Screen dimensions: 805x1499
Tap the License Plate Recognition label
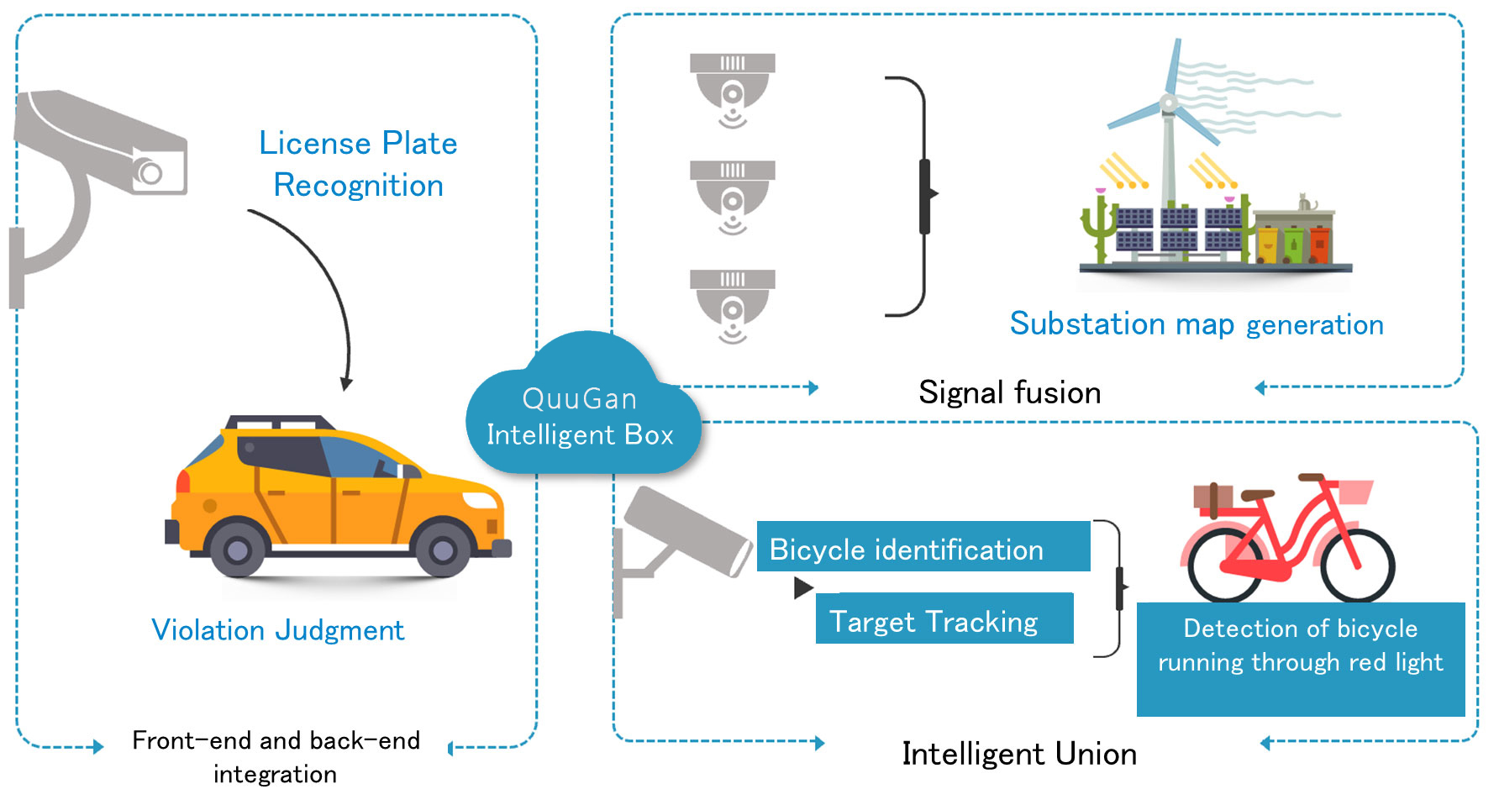pyautogui.click(x=358, y=164)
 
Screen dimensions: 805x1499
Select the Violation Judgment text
pyautogui.click(x=277, y=630)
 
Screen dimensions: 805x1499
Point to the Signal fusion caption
pyautogui.click(x=1009, y=392)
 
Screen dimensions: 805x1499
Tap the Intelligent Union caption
pyautogui.click(x=1018, y=754)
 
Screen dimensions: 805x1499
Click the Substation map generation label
pyautogui.click(x=1196, y=324)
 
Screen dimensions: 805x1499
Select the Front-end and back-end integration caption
pyautogui.click(x=276, y=756)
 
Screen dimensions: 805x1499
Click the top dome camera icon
pyautogui.click(x=732, y=88)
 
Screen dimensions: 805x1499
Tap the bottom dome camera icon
pyautogui.click(x=732, y=304)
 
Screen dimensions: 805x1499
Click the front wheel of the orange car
pyautogui.click(x=442, y=550)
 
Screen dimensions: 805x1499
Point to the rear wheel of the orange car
pyautogui.click(x=237, y=550)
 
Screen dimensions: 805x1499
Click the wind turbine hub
pyautogui.click(x=1168, y=104)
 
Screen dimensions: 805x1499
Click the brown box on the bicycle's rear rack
pyautogui.click(x=1212, y=497)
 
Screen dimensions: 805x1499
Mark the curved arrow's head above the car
pyautogui.click(x=346, y=383)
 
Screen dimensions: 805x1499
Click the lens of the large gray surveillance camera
pyautogui.click(x=151, y=173)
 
